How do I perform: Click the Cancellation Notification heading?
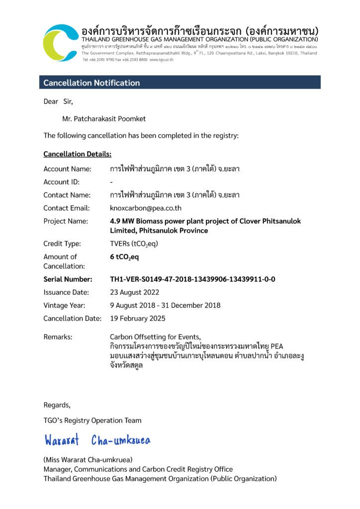(91, 83)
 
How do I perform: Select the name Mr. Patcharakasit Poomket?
(104, 119)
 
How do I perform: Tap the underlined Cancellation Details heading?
(77, 154)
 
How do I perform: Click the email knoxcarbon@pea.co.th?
(145, 208)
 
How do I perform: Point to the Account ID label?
(61, 182)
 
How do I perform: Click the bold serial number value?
(192, 279)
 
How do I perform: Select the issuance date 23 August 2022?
(134, 292)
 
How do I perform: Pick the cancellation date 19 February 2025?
(138, 318)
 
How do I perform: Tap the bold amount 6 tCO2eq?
(124, 257)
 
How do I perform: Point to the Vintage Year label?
(64, 305)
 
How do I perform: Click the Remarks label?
(58, 337)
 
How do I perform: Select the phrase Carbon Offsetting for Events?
(155, 337)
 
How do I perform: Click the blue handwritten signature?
(97, 440)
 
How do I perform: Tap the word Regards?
(57, 405)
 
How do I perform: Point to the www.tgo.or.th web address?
(161, 60)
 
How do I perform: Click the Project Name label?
(66, 221)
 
